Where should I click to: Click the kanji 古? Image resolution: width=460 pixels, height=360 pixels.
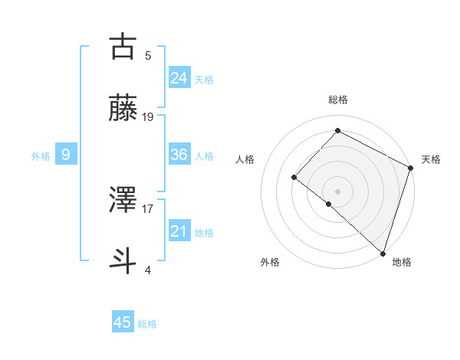pos(123,47)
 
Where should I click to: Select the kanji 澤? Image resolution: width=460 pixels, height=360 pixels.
pos(123,201)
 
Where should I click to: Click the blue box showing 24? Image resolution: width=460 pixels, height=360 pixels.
pos(179,78)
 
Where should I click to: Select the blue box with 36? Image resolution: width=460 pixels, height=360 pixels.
pos(179,155)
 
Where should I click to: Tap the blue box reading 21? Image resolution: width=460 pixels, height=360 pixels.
pos(179,231)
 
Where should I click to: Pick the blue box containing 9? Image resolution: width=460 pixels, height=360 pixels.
pos(66,155)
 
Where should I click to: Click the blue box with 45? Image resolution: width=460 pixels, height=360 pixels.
pos(123,322)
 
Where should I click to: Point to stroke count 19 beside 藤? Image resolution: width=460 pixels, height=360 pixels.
pos(148,117)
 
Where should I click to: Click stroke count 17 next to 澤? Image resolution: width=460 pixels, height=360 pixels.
pos(148,208)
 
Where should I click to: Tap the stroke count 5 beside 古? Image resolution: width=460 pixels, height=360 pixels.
pos(148,55)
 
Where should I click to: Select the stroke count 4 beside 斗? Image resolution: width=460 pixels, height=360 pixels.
pos(148,270)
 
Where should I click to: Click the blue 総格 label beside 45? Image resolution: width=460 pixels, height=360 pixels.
pos(147,324)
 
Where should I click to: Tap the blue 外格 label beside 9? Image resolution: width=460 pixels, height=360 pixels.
pos(41,156)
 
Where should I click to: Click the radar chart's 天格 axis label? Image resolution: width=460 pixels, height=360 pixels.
pos(431,159)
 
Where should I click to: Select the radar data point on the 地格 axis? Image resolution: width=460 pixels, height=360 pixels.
pos(383,253)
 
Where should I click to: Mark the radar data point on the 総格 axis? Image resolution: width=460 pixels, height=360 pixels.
pos(337,130)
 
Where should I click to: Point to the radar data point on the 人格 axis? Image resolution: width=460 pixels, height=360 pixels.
pos(294,177)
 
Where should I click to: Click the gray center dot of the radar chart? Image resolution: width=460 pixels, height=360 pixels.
pos(337,191)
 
